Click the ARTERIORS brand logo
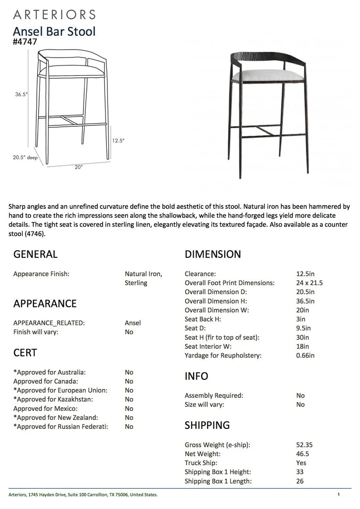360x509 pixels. [54, 15]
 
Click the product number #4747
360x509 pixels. [25, 42]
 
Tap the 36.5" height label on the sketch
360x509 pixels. [22, 94]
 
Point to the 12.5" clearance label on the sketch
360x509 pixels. [118, 140]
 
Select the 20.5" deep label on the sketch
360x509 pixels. [25, 158]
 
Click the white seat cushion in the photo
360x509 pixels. [268, 75]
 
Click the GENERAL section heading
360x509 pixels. [35, 254]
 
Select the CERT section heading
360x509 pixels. [25, 353]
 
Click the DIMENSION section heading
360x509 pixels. [213, 254]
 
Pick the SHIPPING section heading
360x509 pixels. [207, 425]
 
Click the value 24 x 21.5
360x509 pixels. [309, 283]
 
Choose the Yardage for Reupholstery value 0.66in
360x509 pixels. [306, 356]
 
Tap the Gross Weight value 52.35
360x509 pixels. [304, 445]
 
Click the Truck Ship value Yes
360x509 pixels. [301, 463]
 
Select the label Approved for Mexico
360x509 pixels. [45, 409]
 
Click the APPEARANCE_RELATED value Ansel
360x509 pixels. [133, 323]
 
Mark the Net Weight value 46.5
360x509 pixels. [303, 454]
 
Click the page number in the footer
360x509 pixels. [338, 494]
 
